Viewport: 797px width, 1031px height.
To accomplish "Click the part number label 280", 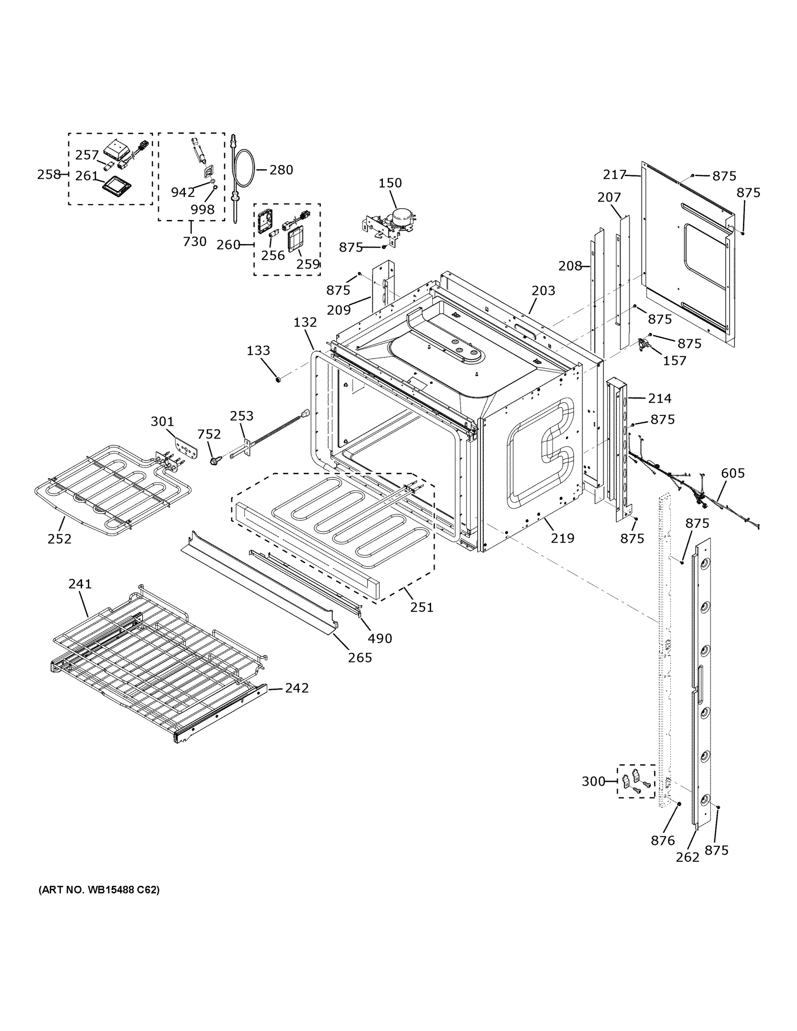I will point(281,170).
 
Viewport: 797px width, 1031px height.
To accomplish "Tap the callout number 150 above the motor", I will point(390,183).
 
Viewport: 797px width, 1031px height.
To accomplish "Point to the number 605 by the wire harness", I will point(733,473).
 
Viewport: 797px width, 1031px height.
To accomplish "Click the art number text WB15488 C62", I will point(99,889).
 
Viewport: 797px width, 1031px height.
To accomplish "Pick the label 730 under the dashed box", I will point(195,242).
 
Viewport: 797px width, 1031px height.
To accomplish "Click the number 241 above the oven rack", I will point(80,584).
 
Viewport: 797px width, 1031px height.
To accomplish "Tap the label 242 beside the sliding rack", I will point(296,688).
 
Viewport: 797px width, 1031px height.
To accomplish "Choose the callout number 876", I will point(663,840).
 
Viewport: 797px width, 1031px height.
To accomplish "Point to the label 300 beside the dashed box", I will point(593,782).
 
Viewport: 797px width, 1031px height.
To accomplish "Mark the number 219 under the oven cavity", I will point(562,538).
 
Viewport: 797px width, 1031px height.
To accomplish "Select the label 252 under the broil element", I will point(59,539).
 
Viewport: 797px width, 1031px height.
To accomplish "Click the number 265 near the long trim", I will point(360,658).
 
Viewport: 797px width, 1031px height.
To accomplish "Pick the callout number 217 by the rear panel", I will point(614,175).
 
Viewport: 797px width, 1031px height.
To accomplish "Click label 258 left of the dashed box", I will point(49,175).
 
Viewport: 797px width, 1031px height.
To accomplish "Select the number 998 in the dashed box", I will point(202,210).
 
